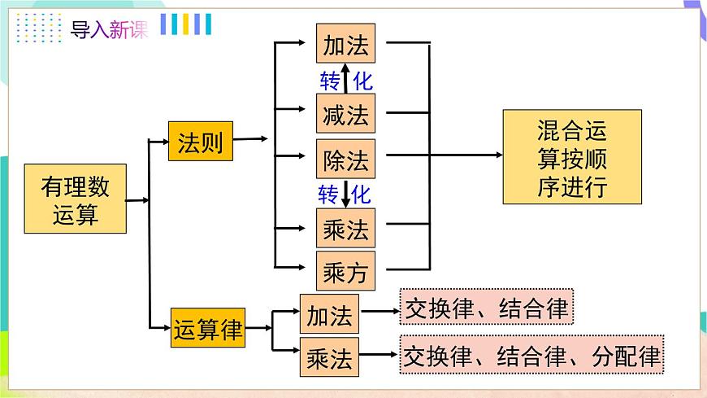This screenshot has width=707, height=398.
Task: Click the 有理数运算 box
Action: [x=75, y=199]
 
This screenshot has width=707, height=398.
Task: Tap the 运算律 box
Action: [x=208, y=328]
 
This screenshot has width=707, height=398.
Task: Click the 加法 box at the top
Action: [x=345, y=45]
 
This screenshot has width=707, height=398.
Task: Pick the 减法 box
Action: [x=345, y=113]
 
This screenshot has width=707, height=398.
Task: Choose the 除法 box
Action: [x=345, y=159]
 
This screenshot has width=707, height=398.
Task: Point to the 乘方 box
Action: [x=345, y=272]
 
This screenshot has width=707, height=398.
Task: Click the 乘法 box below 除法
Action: [x=345, y=229]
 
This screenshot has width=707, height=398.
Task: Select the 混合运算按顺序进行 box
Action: [x=572, y=156]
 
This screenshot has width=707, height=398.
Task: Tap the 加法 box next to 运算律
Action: [x=329, y=313]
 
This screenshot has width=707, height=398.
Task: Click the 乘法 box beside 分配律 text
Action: [x=329, y=356]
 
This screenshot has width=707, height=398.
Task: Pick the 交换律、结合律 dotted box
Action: [x=487, y=308]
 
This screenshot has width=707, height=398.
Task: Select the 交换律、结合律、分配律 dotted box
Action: [x=532, y=354]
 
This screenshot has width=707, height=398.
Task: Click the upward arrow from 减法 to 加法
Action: [x=346, y=81]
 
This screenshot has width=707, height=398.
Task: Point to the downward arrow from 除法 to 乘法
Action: [x=346, y=195]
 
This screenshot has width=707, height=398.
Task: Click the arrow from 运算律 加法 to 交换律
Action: [x=380, y=310]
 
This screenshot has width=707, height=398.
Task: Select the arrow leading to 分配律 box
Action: [x=380, y=355]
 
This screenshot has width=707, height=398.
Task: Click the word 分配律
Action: [x=626, y=355]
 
